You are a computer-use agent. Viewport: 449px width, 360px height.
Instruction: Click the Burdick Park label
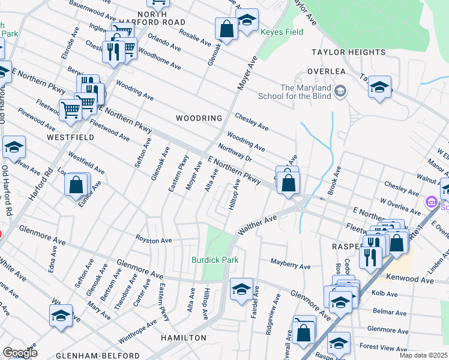(215, 260)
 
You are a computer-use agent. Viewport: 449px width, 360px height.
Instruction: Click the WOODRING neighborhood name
(199, 118)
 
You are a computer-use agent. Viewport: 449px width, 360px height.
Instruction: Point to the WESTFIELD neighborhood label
(70, 137)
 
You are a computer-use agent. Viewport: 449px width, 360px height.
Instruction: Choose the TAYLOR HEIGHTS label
(348, 53)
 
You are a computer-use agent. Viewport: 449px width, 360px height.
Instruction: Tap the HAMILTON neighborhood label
(184, 338)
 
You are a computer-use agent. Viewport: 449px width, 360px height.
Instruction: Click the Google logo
(20, 352)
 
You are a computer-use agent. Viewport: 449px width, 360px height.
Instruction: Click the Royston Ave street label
(154, 240)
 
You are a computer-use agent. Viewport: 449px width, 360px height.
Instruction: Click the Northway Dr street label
(235, 154)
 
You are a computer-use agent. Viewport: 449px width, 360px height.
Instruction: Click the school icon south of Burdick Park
(241, 289)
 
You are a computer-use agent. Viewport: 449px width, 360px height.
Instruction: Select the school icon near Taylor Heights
(379, 87)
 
